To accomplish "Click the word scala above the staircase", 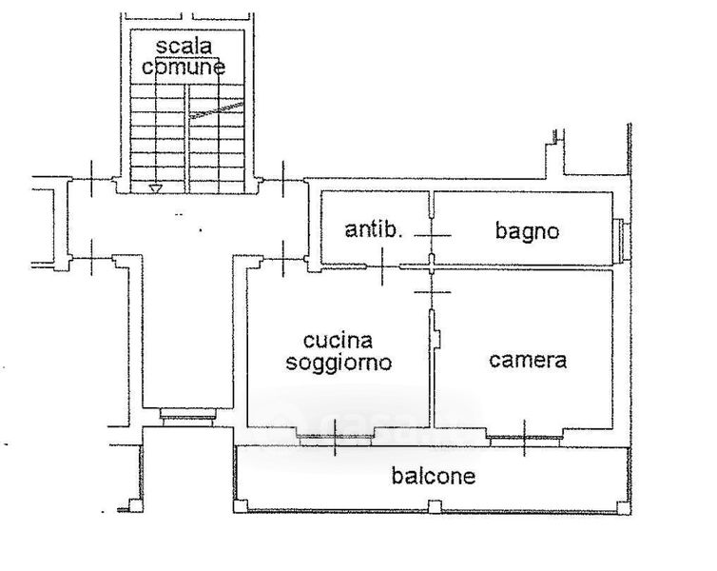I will point(184,46).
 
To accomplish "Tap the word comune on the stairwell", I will point(184,68).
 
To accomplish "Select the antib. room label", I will point(374,229).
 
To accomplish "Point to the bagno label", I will point(527,230).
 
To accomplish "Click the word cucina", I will point(338,341).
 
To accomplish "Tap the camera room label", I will point(528,361).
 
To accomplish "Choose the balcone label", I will point(433,477).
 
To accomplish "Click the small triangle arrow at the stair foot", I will point(155,188).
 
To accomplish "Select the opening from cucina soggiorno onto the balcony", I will point(336,438).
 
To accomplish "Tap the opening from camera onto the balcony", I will point(524,436).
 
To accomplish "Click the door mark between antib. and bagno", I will point(432,233).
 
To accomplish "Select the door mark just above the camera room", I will point(432,283).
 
